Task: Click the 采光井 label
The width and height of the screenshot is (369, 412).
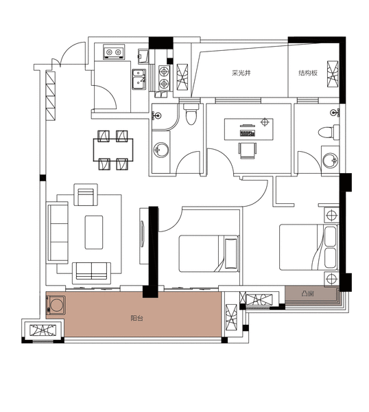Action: click(x=241, y=73)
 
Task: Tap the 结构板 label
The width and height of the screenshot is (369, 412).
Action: click(x=308, y=73)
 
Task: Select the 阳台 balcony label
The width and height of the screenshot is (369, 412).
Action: click(x=136, y=318)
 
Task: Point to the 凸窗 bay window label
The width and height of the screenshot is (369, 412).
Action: click(x=307, y=293)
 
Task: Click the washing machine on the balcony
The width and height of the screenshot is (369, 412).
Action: click(x=56, y=305)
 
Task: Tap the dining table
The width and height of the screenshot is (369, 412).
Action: click(x=113, y=150)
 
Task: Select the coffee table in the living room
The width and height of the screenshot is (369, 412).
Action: click(x=94, y=232)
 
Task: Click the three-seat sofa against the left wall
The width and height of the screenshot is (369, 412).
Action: click(x=57, y=233)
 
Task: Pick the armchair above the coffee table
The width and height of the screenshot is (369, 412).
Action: click(x=86, y=194)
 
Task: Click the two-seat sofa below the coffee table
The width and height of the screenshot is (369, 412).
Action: click(x=91, y=273)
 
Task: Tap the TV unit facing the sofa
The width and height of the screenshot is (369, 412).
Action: click(x=144, y=236)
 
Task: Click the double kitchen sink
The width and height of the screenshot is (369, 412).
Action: click(x=139, y=79)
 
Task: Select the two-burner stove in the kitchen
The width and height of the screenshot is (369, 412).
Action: click(x=165, y=78)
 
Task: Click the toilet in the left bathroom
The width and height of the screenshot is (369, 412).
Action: click(x=191, y=114)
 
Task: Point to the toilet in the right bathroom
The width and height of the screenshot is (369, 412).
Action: click(x=329, y=131)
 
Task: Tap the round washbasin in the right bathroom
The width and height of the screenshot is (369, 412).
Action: click(x=330, y=160)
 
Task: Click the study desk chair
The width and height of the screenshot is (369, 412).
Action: click(x=248, y=150)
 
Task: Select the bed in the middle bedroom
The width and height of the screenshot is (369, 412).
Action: click(x=209, y=253)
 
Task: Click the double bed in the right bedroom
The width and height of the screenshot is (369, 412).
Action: click(x=309, y=247)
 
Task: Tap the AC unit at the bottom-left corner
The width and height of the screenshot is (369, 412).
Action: click(x=43, y=330)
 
